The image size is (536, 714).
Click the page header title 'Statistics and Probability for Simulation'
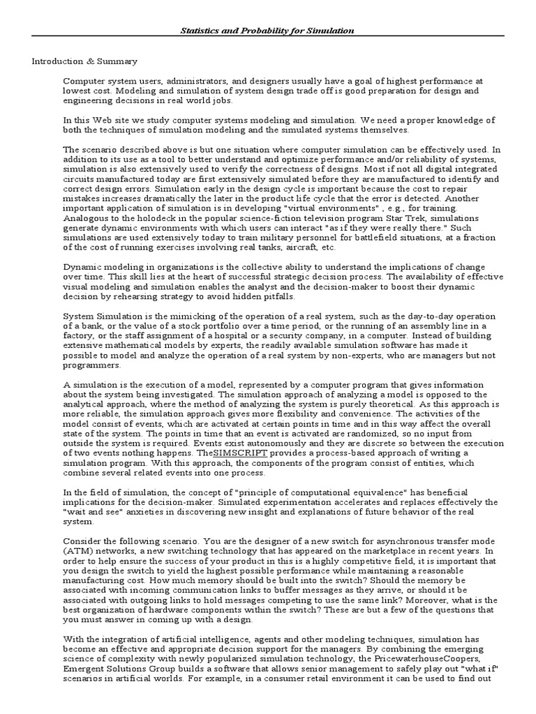(268, 31)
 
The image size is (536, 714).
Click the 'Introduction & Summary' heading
(84, 61)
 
